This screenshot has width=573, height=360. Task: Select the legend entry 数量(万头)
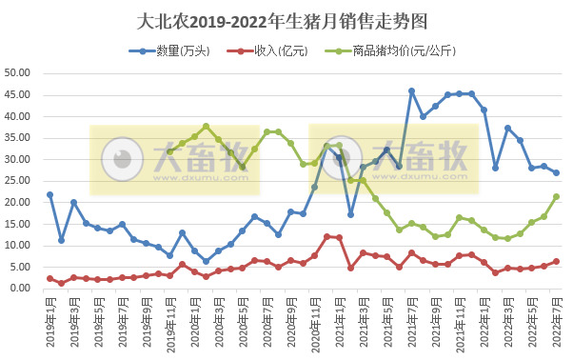[x=164, y=50]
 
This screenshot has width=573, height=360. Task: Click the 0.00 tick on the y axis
[x=22, y=289]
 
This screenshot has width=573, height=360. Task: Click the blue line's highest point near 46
[x=411, y=91]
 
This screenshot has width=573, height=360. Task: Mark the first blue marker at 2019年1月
[x=49, y=194]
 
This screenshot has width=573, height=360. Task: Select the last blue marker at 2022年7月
[x=556, y=172]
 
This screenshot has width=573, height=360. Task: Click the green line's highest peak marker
[x=206, y=126]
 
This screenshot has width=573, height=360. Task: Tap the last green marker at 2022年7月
[x=556, y=197]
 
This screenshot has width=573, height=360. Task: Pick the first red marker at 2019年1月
[x=49, y=278]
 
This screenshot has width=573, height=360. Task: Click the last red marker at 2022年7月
[x=556, y=261]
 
